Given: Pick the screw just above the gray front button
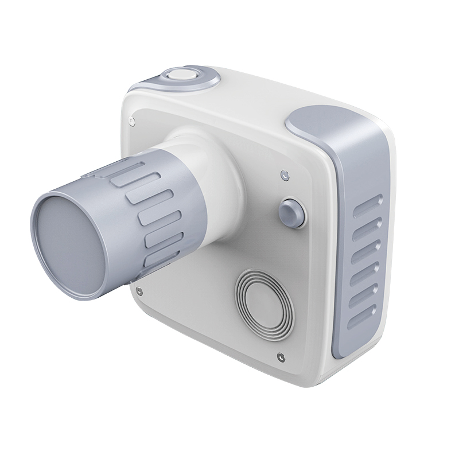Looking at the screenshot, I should coord(283,174).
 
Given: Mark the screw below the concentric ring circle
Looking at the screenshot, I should coord(279,357).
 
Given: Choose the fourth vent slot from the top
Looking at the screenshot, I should coord(368,271).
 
